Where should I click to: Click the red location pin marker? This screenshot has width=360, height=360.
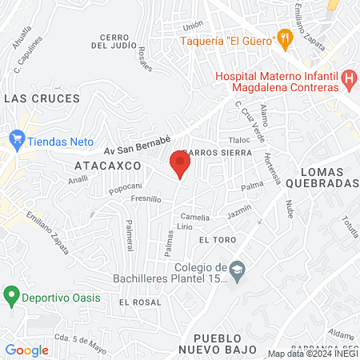(180, 163)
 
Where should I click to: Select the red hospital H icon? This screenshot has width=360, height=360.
(348, 78)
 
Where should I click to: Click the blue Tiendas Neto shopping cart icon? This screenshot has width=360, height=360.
(17, 138)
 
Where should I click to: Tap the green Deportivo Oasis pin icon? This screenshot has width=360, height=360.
(11, 295)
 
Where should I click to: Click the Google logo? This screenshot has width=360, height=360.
(27, 350)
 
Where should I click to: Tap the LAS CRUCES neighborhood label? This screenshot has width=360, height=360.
(42, 98)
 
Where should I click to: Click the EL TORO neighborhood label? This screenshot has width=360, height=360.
(215, 240)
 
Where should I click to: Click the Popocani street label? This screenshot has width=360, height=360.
(125, 189)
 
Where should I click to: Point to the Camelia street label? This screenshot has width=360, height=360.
(196, 217)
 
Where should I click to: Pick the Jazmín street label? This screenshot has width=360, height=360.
(238, 212)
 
